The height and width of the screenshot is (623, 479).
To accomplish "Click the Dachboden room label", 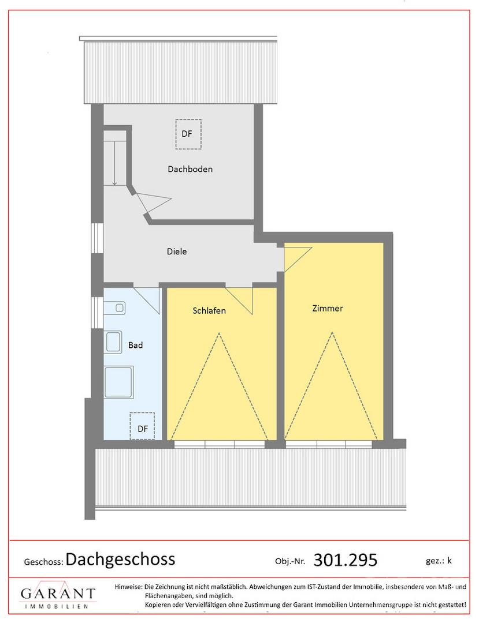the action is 190,169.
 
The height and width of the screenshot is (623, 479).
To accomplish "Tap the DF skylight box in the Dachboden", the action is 188,134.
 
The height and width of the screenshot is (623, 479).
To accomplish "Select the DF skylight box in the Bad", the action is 142,426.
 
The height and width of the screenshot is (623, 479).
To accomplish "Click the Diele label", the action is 177,252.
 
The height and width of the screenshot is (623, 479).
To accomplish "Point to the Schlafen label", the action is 209,311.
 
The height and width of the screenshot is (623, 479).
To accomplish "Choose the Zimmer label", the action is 328,308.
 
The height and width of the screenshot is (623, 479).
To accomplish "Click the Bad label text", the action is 135,346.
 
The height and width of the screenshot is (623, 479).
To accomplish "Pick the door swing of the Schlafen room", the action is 239,301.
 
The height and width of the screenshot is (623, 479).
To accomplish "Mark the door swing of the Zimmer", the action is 297,259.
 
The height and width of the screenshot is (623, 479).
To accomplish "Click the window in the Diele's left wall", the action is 97,238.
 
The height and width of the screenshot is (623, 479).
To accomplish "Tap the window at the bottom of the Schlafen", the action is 220,445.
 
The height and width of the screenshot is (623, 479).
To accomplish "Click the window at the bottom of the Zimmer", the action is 329,445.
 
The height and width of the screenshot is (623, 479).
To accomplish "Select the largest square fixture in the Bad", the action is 118,382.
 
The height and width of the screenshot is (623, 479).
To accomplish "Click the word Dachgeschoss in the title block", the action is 120,559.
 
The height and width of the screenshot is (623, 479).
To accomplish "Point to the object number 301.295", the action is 346,560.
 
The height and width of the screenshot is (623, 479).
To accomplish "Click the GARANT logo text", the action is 58,594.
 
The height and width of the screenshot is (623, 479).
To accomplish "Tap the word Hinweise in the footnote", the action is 128,587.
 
